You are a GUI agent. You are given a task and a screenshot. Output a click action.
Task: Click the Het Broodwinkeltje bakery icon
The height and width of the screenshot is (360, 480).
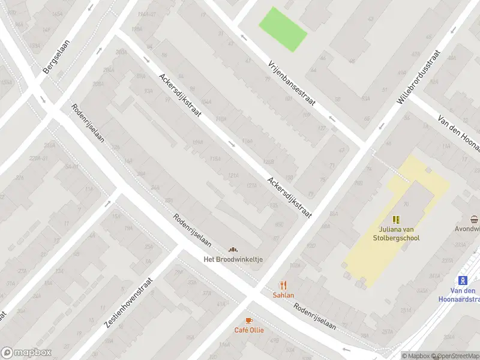click(233, 250)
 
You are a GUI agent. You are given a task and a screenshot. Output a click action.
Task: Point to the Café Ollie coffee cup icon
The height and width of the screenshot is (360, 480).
click(249, 321)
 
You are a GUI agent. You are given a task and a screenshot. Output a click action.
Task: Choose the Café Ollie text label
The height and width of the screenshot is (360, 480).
click(249, 330)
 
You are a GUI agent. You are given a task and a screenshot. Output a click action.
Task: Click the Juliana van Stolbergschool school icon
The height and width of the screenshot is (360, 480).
click(396, 220)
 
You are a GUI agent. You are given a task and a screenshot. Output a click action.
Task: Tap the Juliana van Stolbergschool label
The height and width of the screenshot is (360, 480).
click(399, 233)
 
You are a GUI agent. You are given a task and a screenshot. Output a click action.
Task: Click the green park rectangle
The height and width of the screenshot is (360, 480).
click(283, 29)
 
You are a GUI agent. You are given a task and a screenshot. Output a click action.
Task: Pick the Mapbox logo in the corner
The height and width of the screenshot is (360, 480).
click(26, 353)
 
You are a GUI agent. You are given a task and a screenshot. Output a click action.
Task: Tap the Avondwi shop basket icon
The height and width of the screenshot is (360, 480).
click(475, 219)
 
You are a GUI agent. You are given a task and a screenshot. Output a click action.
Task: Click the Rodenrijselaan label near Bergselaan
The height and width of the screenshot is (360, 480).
click(88, 124)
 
